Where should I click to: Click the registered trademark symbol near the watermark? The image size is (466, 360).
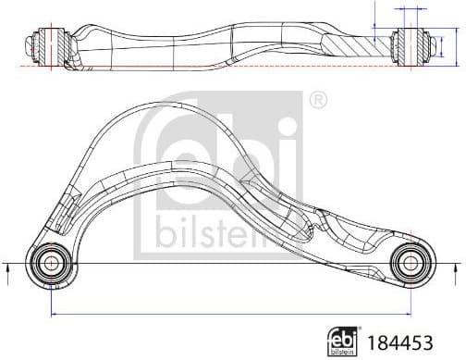click(315, 97)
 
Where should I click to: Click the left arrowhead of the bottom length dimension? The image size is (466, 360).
click(52, 314)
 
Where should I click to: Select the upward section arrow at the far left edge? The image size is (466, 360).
click(7, 270)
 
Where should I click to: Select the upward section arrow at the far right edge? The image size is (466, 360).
click(456, 270)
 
